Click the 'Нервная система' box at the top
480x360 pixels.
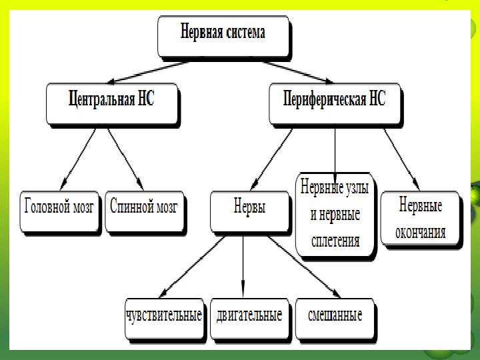pos(223,35)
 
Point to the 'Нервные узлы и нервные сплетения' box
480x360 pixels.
pos(335,215)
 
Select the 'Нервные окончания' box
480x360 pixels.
pos(419,218)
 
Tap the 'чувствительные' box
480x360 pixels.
pos(164,316)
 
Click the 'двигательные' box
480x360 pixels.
pos(249,316)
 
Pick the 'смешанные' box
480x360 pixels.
pos(335,316)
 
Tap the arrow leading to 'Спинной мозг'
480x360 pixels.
pos(127,157)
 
